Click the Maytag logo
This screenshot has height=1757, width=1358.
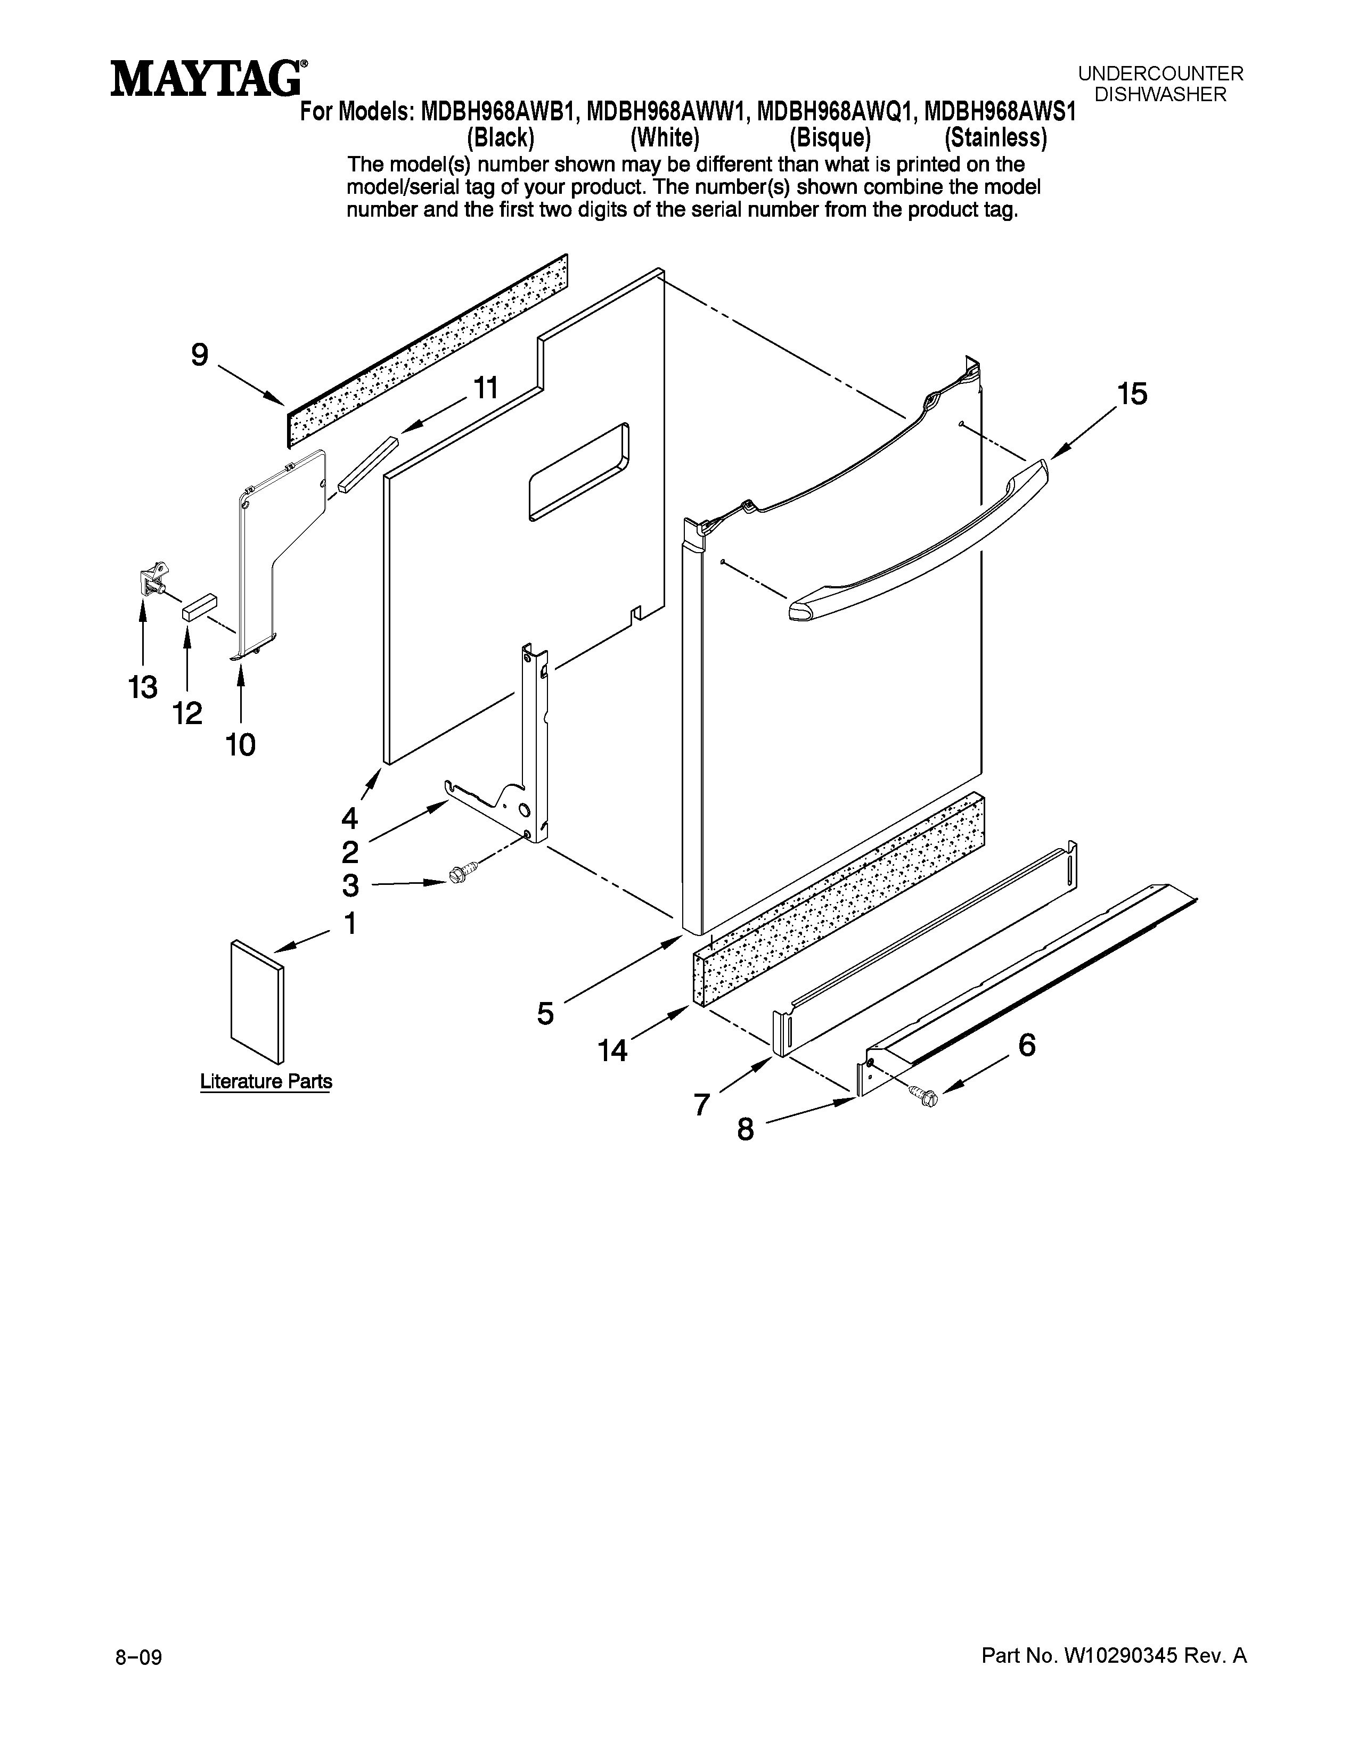208,80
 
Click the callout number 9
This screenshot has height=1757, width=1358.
200,355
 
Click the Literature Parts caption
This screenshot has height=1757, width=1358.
266,1081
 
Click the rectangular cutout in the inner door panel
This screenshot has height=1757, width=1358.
578,472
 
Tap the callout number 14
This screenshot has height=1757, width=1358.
612,1050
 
